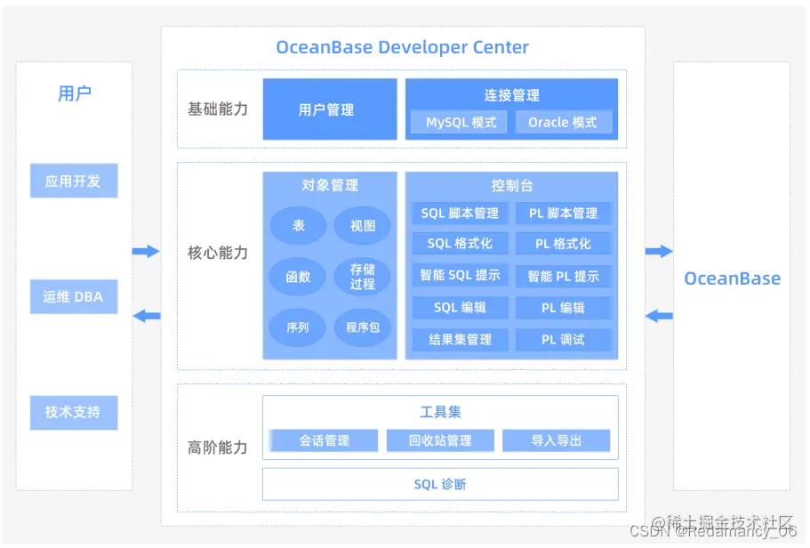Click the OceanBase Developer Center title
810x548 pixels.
coord(402,48)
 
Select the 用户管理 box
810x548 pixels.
coord(329,109)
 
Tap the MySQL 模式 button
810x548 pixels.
coord(460,122)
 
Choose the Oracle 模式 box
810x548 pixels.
coord(563,122)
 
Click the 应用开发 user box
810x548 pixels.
coord(74,181)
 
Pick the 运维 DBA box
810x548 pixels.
coord(74,296)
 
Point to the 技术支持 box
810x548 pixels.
coord(74,412)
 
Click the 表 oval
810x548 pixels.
coord(299,226)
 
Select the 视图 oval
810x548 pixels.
coord(362,226)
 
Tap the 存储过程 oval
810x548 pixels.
coord(362,277)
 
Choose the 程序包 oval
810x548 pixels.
coord(362,327)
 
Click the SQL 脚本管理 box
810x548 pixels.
coord(460,214)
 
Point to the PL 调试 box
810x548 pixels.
coord(563,339)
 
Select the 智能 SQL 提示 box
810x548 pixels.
coord(460,275)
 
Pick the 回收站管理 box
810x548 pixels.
coord(440,440)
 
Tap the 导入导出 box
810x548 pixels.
coord(556,440)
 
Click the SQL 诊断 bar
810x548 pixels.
coord(440,484)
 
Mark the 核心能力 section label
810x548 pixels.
coord(218,253)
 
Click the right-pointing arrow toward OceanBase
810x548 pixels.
coord(659,252)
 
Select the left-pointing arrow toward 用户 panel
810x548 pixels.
coord(147,315)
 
